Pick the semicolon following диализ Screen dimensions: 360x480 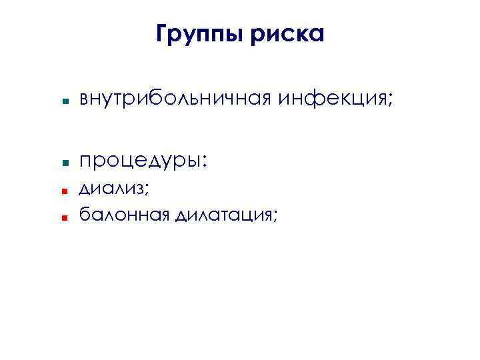click(x=146, y=191)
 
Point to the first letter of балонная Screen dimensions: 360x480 click(x=84, y=214)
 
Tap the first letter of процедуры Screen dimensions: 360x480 click(x=85, y=162)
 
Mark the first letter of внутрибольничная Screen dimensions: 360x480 click(x=84, y=101)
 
